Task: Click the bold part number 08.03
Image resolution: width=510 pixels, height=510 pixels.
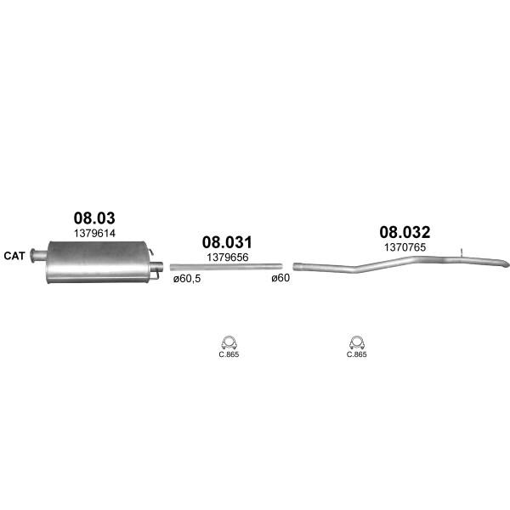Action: [94, 218]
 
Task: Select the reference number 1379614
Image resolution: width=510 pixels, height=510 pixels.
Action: [94, 233]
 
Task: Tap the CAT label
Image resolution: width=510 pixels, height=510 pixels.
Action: [14, 256]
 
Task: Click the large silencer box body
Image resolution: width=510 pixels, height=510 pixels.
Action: [98, 262]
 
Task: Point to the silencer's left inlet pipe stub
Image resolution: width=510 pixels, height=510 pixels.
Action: [38, 255]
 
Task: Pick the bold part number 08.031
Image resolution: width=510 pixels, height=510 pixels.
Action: [227, 242]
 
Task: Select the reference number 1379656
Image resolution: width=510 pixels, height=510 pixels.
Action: [228, 258]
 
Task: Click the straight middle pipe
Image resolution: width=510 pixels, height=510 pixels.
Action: [226, 267]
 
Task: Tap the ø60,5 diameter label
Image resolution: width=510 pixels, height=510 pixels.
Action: [187, 279]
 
